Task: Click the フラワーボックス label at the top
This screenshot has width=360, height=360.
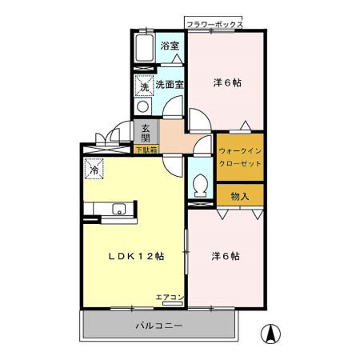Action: tap(214, 26)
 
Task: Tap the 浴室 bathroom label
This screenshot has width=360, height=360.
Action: tap(168, 46)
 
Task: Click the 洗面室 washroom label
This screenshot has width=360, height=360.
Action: tap(170, 83)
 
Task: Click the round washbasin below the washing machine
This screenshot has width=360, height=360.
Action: tap(142, 105)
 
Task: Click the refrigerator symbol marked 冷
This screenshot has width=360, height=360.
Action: tap(94, 169)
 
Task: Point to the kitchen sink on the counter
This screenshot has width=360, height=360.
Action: tap(118, 210)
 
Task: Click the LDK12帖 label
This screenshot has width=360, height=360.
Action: tap(136, 256)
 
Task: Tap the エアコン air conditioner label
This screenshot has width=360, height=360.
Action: tap(170, 298)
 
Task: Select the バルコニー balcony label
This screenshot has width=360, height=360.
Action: tap(158, 326)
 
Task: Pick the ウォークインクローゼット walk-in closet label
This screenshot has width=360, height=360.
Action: tap(241, 156)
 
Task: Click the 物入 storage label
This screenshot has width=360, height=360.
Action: tap(240, 196)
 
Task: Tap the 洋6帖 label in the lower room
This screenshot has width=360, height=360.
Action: tap(226, 256)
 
